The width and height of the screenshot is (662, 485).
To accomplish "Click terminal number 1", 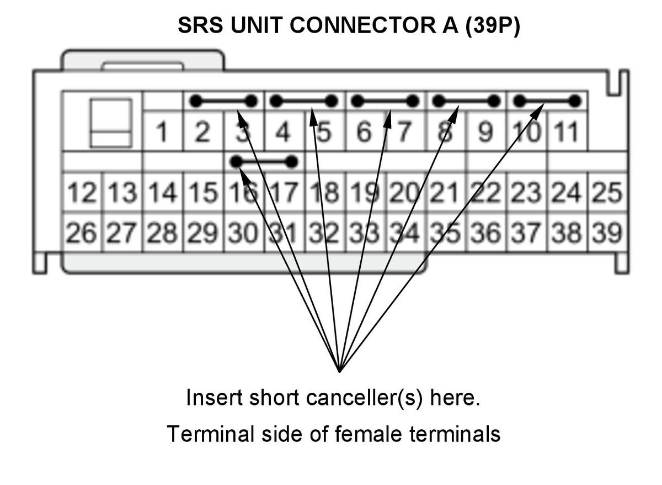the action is click(162, 131).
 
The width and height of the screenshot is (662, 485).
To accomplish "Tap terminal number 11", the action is click(568, 131).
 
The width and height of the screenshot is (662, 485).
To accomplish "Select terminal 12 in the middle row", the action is click(82, 192).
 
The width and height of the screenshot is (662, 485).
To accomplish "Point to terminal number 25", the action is click(607, 192).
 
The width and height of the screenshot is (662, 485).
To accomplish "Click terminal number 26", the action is click(82, 233).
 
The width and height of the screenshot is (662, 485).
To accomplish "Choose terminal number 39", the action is click(607, 233).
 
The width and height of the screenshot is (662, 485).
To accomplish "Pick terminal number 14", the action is click(163, 192).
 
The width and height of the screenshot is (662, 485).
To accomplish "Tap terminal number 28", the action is click(163, 233).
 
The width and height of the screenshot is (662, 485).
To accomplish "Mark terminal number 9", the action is click(486, 131).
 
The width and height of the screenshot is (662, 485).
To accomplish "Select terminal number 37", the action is click(527, 233).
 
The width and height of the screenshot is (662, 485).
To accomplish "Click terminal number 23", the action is click(527, 192).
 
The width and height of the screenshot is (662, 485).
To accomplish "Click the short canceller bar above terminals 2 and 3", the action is click(223, 101).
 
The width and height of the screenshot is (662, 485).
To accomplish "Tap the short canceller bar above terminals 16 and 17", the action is click(264, 162).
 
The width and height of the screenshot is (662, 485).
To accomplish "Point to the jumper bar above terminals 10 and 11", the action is click(547, 101).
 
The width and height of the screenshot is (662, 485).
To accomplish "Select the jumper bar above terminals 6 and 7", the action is click(385, 101).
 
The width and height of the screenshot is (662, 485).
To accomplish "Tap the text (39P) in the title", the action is click(493, 25).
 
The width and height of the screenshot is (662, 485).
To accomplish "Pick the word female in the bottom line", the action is click(369, 434).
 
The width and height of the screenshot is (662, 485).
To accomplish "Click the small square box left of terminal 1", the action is click(111, 123).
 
